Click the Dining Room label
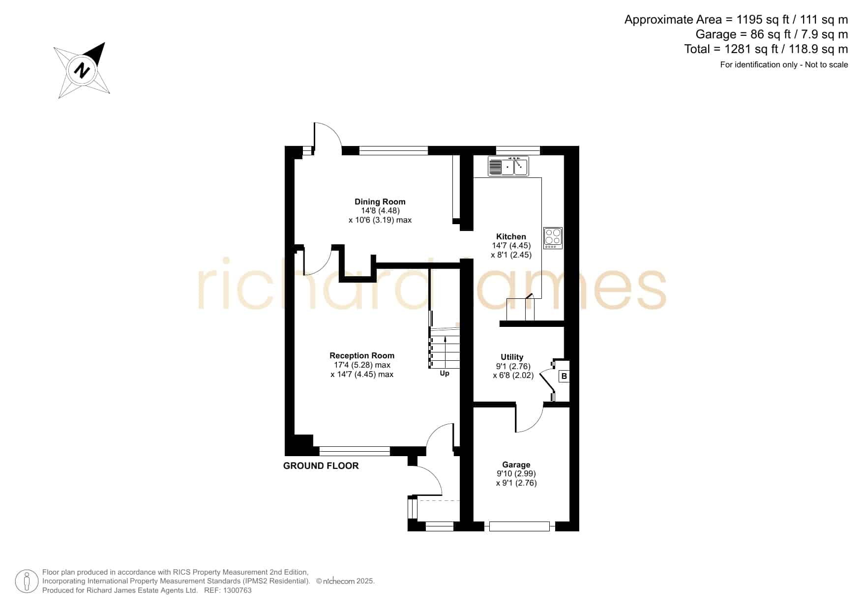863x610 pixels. [380, 202]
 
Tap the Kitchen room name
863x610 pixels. [511, 236]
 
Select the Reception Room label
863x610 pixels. [362, 355]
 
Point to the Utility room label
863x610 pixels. [512, 357]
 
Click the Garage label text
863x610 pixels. [516, 465]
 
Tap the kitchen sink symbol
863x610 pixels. [508, 166]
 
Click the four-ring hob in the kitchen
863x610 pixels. [553, 238]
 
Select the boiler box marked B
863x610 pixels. [564, 376]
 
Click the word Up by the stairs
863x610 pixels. [445, 374]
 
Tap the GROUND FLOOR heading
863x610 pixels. [321, 465]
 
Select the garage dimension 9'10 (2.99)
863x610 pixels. [516, 473]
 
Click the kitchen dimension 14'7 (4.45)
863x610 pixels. [511, 246]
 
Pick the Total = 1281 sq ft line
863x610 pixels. [766, 49]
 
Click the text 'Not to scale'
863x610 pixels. [826, 64]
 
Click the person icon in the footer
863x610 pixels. [27, 581]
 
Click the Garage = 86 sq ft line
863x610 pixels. [772, 34]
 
